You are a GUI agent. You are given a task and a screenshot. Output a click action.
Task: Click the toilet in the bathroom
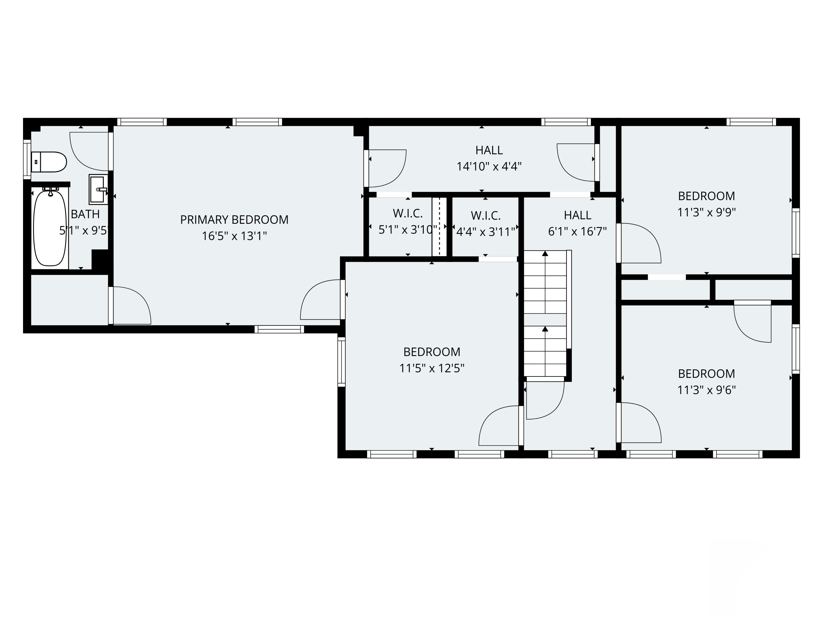(49, 162)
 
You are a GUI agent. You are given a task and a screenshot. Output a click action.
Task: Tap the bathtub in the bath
(50, 228)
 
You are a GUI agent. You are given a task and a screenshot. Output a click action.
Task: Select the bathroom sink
(98, 189)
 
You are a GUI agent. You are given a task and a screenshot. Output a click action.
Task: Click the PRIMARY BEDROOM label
(234, 220)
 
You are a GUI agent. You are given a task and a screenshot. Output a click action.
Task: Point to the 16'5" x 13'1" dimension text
(234, 236)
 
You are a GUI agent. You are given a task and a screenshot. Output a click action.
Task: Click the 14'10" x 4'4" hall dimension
(489, 166)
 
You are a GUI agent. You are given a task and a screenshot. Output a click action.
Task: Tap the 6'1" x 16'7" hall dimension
(577, 232)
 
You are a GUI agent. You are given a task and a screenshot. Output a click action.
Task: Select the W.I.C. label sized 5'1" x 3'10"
(408, 213)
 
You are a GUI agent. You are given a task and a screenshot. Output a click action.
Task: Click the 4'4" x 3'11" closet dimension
(486, 232)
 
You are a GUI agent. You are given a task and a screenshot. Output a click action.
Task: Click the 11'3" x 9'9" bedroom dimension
(706, 212)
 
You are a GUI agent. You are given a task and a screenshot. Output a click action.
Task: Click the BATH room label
(85, 214)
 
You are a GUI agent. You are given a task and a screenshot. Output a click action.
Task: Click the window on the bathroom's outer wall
(27, 159)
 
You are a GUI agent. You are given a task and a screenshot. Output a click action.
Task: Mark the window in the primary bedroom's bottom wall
(280, 329)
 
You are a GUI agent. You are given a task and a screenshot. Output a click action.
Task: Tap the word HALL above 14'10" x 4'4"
(489, 150)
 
